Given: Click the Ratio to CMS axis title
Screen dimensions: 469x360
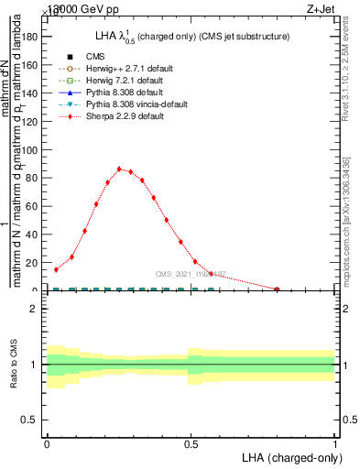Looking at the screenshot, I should (14, 365).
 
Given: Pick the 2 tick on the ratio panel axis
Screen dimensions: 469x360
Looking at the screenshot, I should (35, 310).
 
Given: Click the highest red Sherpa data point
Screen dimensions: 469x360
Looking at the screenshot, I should (119, 169).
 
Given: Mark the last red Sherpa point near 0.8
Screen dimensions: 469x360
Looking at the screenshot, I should (278, 289).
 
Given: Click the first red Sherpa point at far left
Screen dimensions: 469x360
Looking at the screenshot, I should (56, 269).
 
